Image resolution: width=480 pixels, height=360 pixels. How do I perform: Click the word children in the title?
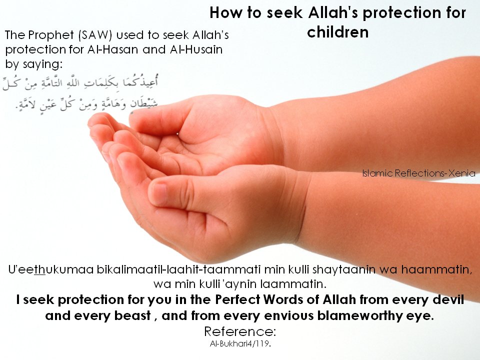point(337,32)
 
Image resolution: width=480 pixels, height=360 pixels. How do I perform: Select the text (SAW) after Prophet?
point(95,35)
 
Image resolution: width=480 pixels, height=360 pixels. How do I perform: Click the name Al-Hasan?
point(112,49)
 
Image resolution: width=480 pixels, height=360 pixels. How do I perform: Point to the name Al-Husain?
point(196,49)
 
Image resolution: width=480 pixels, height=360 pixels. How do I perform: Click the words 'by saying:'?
point(33,64)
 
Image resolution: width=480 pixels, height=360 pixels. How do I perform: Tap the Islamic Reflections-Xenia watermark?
point(418,173)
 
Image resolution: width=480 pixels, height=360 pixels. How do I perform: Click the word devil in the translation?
point(448,299)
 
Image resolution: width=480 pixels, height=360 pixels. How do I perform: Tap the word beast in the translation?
point(132,315)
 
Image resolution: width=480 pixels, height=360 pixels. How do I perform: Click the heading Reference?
point(240,331)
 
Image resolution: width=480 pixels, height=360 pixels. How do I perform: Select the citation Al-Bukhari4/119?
point(240,344)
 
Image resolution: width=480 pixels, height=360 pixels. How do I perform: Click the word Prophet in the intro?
point(51,35)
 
